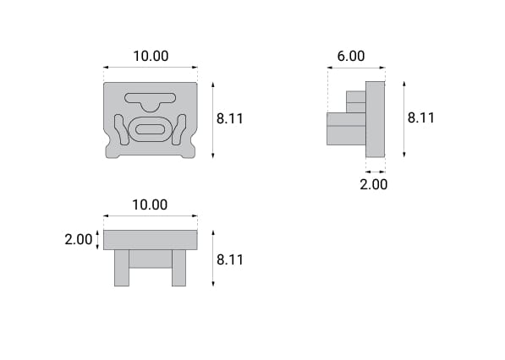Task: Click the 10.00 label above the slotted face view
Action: (151, 56)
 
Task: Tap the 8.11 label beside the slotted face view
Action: (229, 118)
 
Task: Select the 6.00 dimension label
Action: (351, 56)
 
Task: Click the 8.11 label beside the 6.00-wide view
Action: (421, 117)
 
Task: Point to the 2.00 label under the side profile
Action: (373, 185)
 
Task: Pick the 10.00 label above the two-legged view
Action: (150, 205)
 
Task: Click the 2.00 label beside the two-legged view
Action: (79, 240)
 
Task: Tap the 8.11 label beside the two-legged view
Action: (230, 259)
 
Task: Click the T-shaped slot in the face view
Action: (151, 101)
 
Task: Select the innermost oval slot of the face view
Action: (151, 129)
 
